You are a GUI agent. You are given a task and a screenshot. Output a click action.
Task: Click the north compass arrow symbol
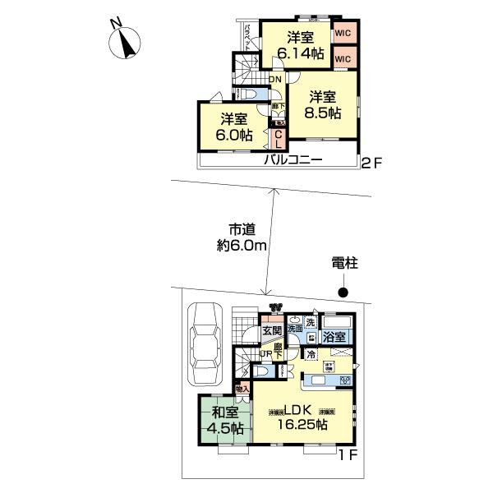[126, 43]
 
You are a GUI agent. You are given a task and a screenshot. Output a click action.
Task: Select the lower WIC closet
[343, 59]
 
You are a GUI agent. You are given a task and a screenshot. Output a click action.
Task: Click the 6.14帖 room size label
[300, 54]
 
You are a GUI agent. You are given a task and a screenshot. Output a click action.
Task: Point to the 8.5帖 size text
[323, 114]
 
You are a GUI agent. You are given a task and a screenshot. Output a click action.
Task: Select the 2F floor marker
[371, 163]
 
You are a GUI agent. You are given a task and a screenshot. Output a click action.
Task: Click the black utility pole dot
[345, 293]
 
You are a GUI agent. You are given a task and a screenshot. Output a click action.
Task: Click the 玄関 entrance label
[271, 330]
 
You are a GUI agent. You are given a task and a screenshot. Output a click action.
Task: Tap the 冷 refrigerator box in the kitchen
[313, 355]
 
